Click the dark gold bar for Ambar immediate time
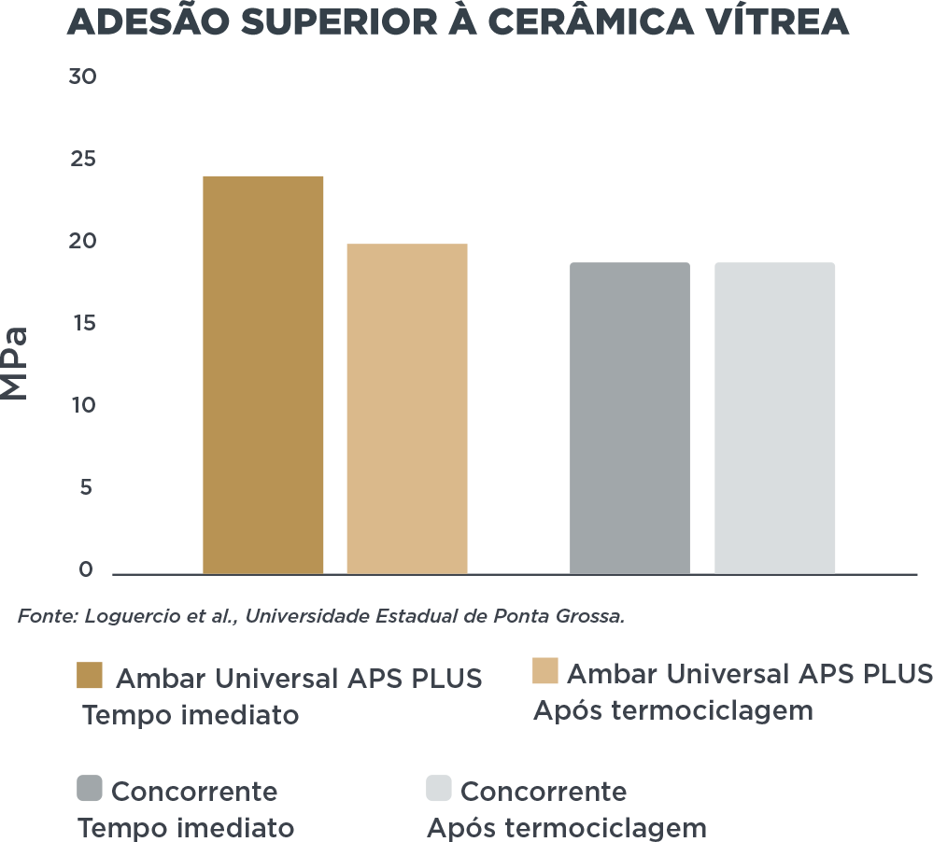pyautogui.click(x=263, y=373)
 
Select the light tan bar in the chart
pyautogui.click(x=406, y=408)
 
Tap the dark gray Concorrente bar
pyautogui.click(x=629, y=417)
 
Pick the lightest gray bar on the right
pyautogui.click(x=774, y=417)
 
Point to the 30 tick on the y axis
pyautogui.click(x=82, y=77)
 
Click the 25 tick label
pyautogui.click(x=82, y=160)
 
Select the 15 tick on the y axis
pyautogui.click(x=82, y=324)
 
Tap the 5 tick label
pyautogui.click(x=86, y=488)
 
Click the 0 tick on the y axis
pyautogui.click(x=86, y=569)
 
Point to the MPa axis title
pyautogui.click(x=16, y=363)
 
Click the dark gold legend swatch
pyautogui.click(x=90, y=676)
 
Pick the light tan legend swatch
pyautogui.click(x=544, y=671)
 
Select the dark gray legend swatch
pyautogui.click(x=90, y=789)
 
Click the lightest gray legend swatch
pyautogui.click(x=439, y=789)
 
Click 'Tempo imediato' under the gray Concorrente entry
pyautogui.click(x=186, y=828)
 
